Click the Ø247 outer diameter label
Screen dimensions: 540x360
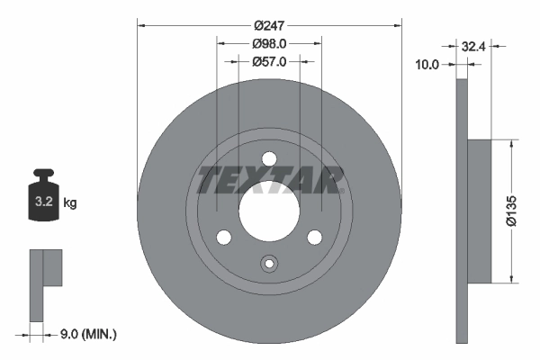[269, 25]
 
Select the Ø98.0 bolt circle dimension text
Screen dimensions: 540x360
[269, 44]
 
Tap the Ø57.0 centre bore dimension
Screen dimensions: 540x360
[269, 62]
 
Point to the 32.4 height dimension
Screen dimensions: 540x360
[473, 46]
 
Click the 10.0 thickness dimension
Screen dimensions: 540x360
[427, 65]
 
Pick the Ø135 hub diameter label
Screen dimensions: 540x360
[511, 211]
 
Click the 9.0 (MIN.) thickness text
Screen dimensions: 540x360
[88, 334]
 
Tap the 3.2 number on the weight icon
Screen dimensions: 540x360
[44, 202]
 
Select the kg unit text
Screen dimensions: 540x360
[70, 202]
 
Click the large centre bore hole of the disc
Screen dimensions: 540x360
[269, 211]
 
